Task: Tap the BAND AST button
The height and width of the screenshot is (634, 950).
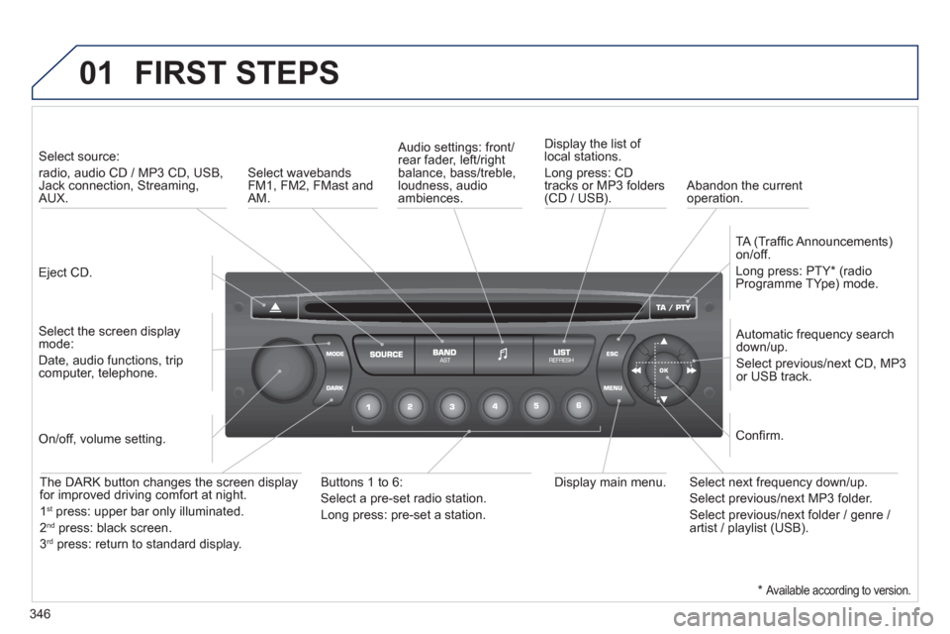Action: pyautogui.click(x=443, y=355)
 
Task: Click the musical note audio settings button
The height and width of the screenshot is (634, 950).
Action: pyautogui.click(x=503, y=355)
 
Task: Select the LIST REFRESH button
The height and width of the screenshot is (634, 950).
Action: pyautogui.click(x=562, y=355)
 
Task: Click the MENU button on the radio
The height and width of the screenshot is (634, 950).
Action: pyautogui.click(x=613, y=387)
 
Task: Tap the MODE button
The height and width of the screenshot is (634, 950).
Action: pyautogui.click(x=334, y=352)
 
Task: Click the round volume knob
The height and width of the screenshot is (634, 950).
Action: pyautogui.click(x=281, y=370)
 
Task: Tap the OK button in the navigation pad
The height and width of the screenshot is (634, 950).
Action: pyautogui.click(x=665, y=370)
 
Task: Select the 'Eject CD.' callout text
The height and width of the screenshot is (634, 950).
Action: pyautogui.click(x=60, y=270)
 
